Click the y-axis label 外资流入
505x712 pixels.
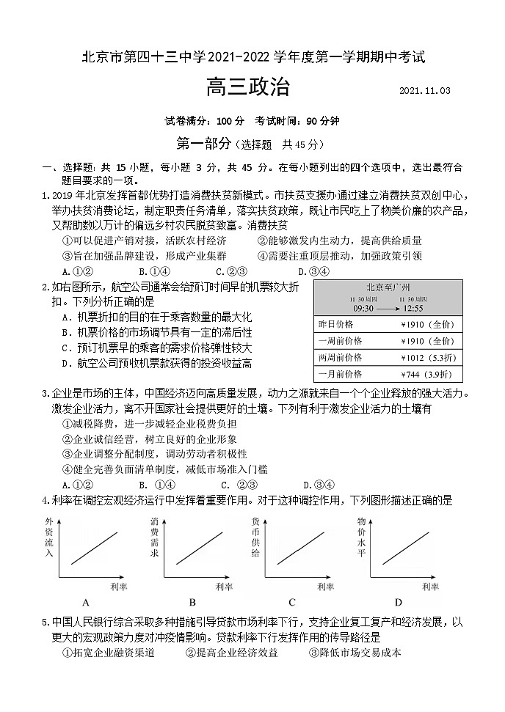click(x=49, y=539)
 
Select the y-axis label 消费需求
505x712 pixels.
click(x=155, y=539)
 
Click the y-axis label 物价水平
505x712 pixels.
click(x=361, y=539)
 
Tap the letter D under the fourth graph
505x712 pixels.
click(x=399, y=603)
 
